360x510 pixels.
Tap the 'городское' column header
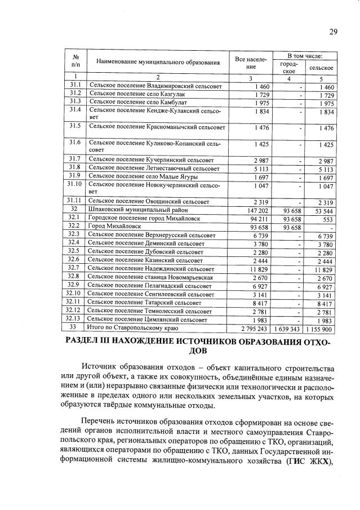[x=288, y=68]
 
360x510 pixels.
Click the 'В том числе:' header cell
[x=304, y=56]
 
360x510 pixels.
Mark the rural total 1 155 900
[x=321, y=328]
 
